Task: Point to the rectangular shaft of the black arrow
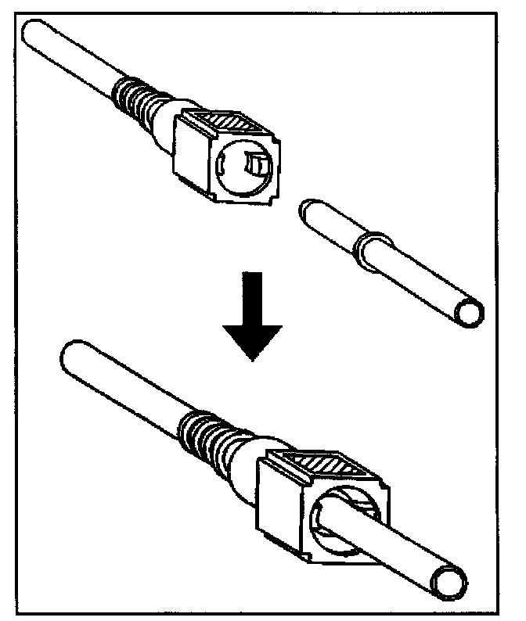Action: point(251,294)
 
